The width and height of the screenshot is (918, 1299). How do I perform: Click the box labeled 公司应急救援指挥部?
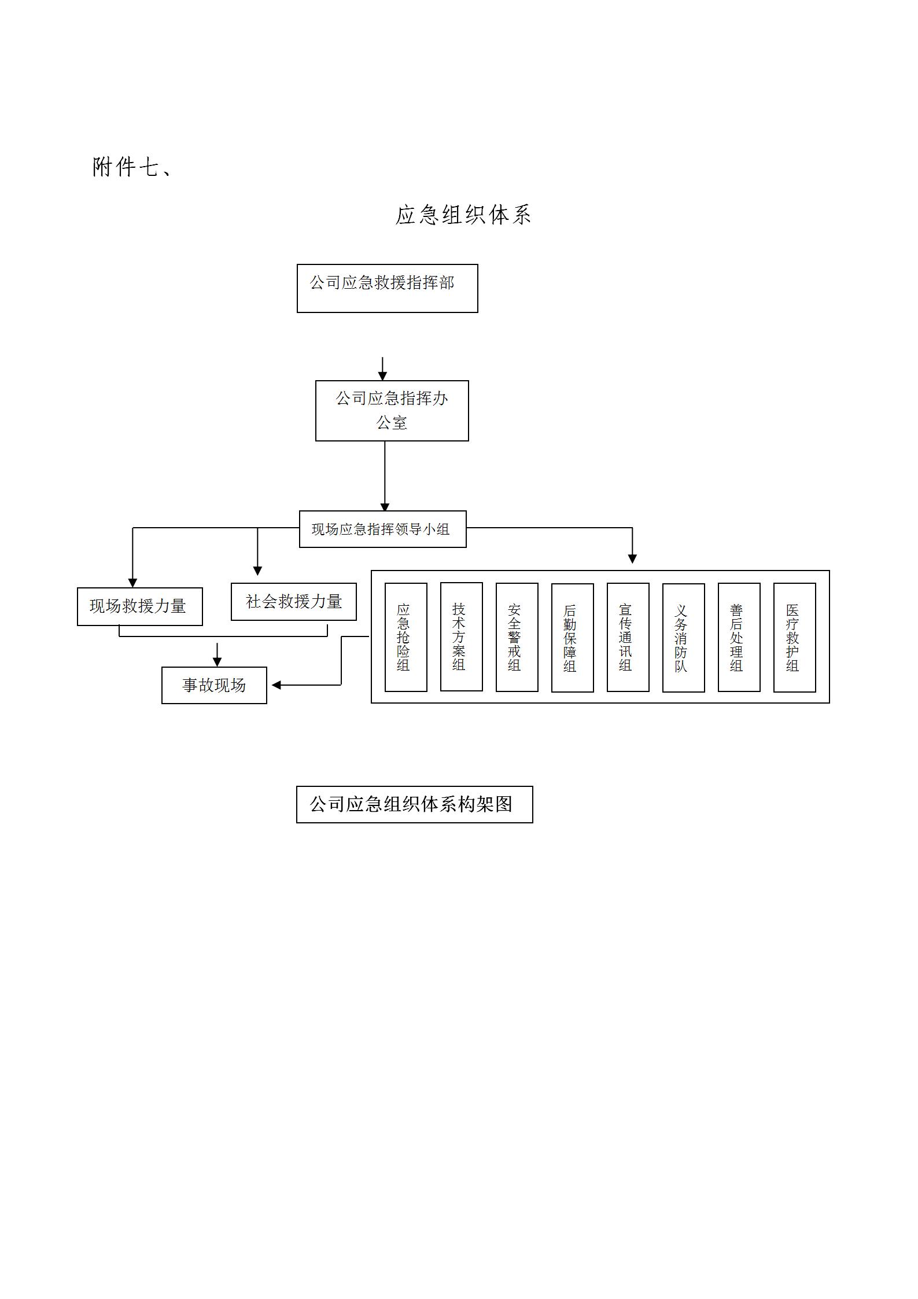pyautogui.click(x=387, y=288)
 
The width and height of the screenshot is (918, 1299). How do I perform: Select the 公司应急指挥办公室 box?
pyautogui.click(x=392, y=410)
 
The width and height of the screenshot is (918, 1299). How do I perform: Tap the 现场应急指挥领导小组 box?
pyautogui.click(x=382, y=529)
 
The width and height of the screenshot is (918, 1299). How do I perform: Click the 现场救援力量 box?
pyautogui.click(x=139, y=606)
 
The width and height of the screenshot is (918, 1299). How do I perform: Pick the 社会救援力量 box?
pyautogui.click(x=293, y=602)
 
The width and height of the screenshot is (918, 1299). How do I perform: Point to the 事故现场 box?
pyautogui.click(x=214, y=685)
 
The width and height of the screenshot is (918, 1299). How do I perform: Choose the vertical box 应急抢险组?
pyautogui.click(x=405, y=637)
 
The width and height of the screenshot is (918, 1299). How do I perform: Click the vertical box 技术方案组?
pyautogui.click(x=461, y=636)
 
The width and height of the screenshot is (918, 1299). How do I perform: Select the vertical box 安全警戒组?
pyautogui.click(x=517, y=637)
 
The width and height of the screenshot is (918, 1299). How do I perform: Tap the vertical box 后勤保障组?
pyautogui.click(x=572, y=638)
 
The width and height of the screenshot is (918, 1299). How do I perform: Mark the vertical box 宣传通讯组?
pyautogui.click(x=628, y=637)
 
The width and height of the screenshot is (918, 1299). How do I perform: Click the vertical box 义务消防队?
pyautogui.click(x=683, y=638)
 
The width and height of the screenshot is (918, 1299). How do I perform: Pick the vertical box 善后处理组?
pyautogui.click(x=739, y=637)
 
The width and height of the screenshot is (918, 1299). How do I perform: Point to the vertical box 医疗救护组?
pyautogui.click(x=794, y=638)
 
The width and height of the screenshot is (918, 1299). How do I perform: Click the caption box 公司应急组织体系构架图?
pyautogui.click(x=414, y=804)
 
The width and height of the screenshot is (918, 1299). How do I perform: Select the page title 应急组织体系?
pyautogui.click(x=463, y=215)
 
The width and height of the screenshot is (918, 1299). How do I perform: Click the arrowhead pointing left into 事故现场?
pyautogui.click(x=276, y=685)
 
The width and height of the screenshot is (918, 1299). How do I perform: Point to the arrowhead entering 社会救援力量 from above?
pyautogui.click(x=257, y=571)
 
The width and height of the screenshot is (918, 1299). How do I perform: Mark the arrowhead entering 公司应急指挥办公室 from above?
pyautogui.click(x=382, y=376)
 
